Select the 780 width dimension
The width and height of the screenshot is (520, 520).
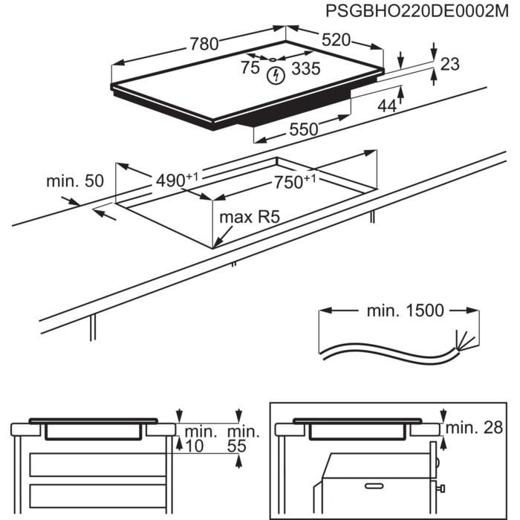[x=203, y=45]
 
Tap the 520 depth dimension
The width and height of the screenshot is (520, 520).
[x=336, y=40]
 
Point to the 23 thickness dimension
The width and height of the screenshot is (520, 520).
[x=450, y=64]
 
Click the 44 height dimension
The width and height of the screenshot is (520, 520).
[x=387, y=106]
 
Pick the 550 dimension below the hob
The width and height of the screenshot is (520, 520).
[x=303, y=129]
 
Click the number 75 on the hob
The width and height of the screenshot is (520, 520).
[x=250, y=68]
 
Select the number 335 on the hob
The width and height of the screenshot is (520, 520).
[x=305, y=69]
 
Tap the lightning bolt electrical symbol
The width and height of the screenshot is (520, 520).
[x=277, y=75]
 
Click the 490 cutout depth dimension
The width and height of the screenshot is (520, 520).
[x=176, y=180]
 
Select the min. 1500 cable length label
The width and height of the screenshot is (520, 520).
[x=405, y=311]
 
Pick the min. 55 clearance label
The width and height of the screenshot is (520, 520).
[x=243, y=438]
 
